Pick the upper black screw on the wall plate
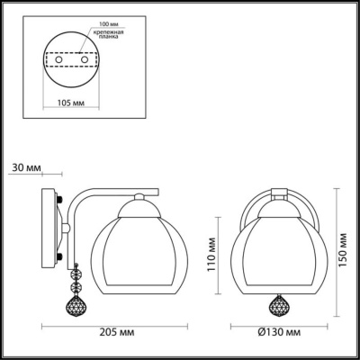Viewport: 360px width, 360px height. coord(59,201)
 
